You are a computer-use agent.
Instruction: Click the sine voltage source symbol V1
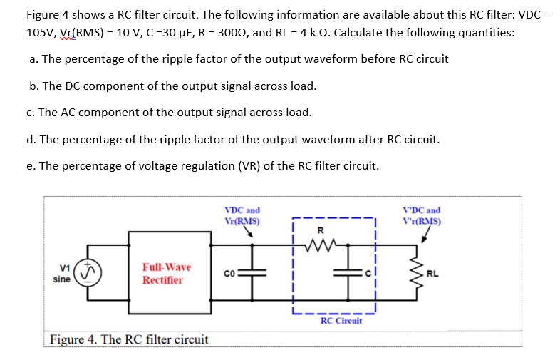click(88, 273)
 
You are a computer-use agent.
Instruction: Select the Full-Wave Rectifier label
click(166, 273)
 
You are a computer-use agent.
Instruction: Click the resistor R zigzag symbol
click(321, 247)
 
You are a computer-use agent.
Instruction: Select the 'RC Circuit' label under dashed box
click(341, 321)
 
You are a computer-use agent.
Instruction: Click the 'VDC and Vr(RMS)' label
click(242, 215)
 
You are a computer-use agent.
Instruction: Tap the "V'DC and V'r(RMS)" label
click(422, 215)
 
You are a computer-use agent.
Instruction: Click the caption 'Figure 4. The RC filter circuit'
click(129, 339)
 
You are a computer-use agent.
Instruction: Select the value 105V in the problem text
click(41, 32)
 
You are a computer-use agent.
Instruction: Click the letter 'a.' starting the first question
click(33, 58)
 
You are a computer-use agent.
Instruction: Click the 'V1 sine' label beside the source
click(62, 273)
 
